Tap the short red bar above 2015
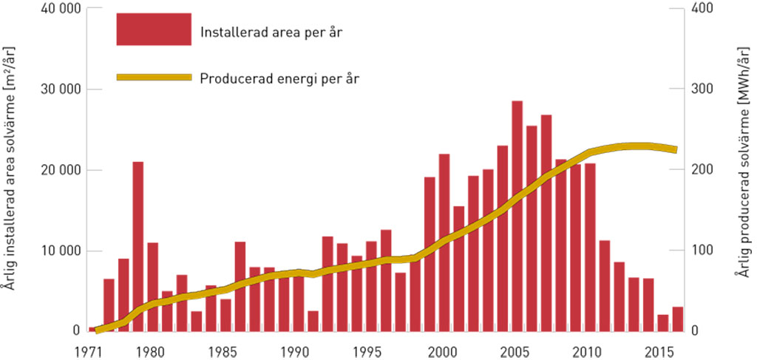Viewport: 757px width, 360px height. coord(663,322)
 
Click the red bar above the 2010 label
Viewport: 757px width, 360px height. coord(590,247)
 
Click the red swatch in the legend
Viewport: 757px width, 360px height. coord(154,30)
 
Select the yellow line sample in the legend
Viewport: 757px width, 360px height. coord(154,77)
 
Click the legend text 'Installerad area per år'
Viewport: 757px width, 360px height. coord(271,33)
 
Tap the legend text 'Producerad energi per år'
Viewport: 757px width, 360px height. coord(279,78)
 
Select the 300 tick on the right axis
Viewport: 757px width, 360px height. coord(700,89)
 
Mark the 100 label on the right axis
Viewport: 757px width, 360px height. coord(700,251)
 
